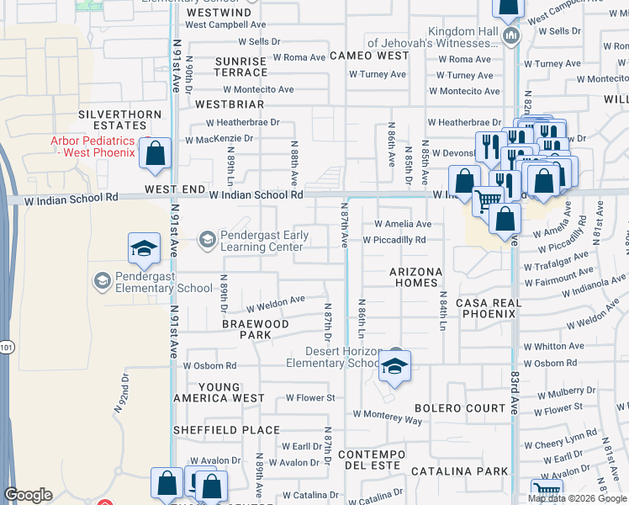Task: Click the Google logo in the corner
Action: point(28,495)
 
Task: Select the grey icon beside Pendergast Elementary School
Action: point(102,280)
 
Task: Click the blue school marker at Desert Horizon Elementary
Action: point(393,365)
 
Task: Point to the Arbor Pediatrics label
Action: point(92,146)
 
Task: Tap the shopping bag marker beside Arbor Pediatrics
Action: point(156,153)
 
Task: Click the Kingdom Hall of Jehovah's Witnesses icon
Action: point(511,36)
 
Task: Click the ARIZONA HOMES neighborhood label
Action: point(415,278)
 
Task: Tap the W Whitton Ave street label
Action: point(552,346)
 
